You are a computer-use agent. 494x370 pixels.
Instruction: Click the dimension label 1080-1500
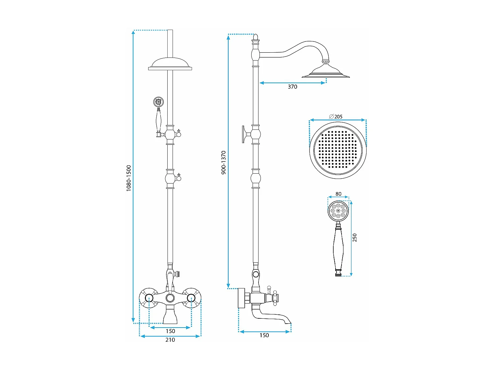pyautogui.click(x=128, y=178)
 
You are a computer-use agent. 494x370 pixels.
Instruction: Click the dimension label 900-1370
pyautogui.click(x=224, y=162)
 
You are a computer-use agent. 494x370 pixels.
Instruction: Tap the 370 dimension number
pyautogui.click(x=292, y=87)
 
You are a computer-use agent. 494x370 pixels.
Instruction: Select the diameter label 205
pyautogui.click(x=336, y=117)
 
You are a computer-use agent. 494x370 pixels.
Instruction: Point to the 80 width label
pyautogui.click(x=338, y=194)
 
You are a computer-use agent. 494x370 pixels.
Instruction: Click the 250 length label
pyautogui.click(x=355, y=238)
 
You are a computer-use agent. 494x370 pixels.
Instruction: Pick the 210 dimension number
pyautogui.click(x=170, y=340)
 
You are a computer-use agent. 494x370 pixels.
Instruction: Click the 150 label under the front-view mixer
pyautogui.click(x=170, y=331)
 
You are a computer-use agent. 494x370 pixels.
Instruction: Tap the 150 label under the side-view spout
pyautogui.click(x=264, y=335)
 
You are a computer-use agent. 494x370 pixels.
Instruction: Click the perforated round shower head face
pyautogui.click(x=338, y=150)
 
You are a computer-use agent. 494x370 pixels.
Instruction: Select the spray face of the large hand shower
pyautogui.click(x=338, y=211)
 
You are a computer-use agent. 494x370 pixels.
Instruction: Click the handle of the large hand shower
pyautogui.click(x=338, y=249)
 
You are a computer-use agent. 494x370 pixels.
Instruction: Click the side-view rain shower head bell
pyautogui.click(x=326, y=71)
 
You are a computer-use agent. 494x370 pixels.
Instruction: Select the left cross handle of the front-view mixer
pyautogui.click(x=149, y=298)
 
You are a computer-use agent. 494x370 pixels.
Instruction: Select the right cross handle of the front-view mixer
pyautogui.click(x=192, y=298)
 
